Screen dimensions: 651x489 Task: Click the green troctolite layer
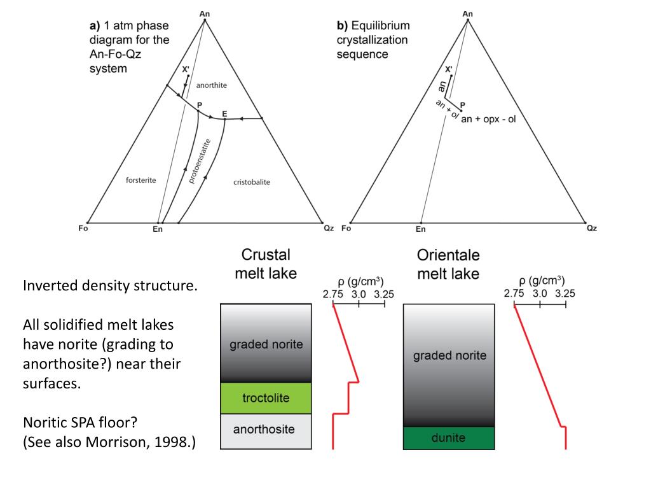pos(266,398)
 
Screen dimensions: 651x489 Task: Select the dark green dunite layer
pos(449,438)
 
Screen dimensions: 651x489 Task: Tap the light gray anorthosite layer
pos(266,430)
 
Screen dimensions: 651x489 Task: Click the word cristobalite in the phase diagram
pos(252,182)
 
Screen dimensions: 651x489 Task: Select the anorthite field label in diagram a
pos(212,85)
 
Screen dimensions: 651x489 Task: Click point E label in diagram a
pos(224,114)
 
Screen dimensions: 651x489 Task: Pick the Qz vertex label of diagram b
pos(592,229)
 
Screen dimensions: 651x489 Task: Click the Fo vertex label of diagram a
pos(83,229)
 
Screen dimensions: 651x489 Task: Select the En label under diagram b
pos(420,229)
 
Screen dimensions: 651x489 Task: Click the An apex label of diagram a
pos(204,13)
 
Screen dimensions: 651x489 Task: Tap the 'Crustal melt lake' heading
pos(266,264)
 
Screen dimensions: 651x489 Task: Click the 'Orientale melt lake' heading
pos(448,264)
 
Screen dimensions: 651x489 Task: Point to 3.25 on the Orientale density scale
pos(565,294)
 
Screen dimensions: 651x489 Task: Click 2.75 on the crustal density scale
pos(332,294)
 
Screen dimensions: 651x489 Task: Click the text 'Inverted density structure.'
pos(110,285)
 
